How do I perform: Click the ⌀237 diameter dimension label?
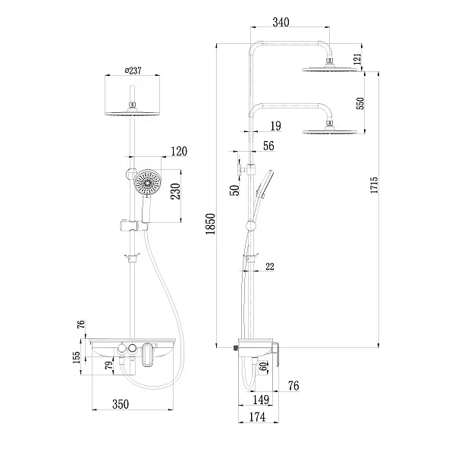coord(133,72)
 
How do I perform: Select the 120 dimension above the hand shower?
coord(179,152)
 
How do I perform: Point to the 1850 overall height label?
coord(212,226)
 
